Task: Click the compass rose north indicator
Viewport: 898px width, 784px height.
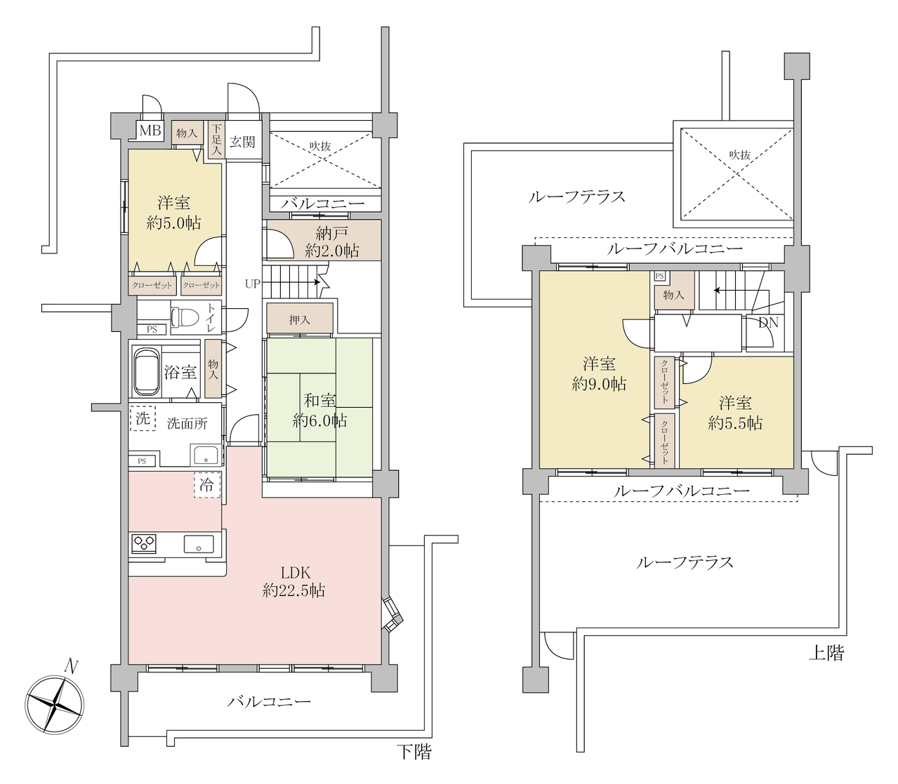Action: pos(70,667)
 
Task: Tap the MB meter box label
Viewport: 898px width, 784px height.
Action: pos(150,131)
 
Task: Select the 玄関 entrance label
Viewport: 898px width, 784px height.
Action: pos(242,142)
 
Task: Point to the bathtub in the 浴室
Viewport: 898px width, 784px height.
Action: pos(147,371)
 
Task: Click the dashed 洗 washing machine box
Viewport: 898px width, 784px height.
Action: pos(143,418)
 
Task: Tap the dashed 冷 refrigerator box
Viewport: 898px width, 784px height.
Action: pos(206,484)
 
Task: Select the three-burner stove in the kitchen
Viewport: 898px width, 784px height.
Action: pos(144,543)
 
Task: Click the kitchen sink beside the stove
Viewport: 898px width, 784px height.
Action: pos(199,544)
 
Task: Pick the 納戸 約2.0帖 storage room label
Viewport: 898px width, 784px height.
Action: pos(332,241)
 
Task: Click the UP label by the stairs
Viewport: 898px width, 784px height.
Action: pos(252,284)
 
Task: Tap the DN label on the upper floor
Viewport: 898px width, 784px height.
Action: pos(768,323)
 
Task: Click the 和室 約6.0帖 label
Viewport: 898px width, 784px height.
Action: pos(320,411)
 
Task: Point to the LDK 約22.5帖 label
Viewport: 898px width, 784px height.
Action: pos(294,582)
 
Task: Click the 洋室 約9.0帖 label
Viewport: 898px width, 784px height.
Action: pos(599,374)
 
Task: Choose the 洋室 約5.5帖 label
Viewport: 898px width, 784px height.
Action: pos(734,413)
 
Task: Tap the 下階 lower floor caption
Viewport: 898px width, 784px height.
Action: pos(414,752)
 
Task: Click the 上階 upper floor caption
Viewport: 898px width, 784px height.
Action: pos(826,653)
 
